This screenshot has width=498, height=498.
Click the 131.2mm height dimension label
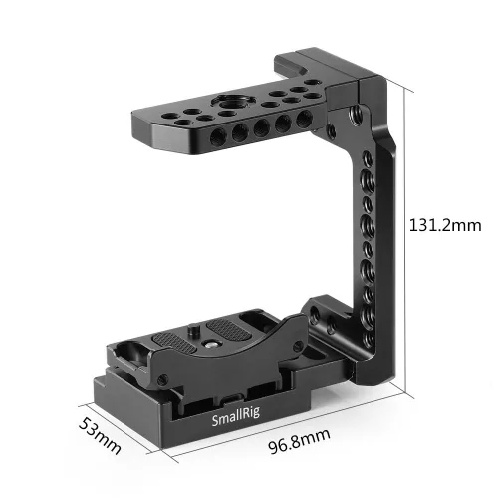(x=450, y=226)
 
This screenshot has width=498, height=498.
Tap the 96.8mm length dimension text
(x=297, y=436)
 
